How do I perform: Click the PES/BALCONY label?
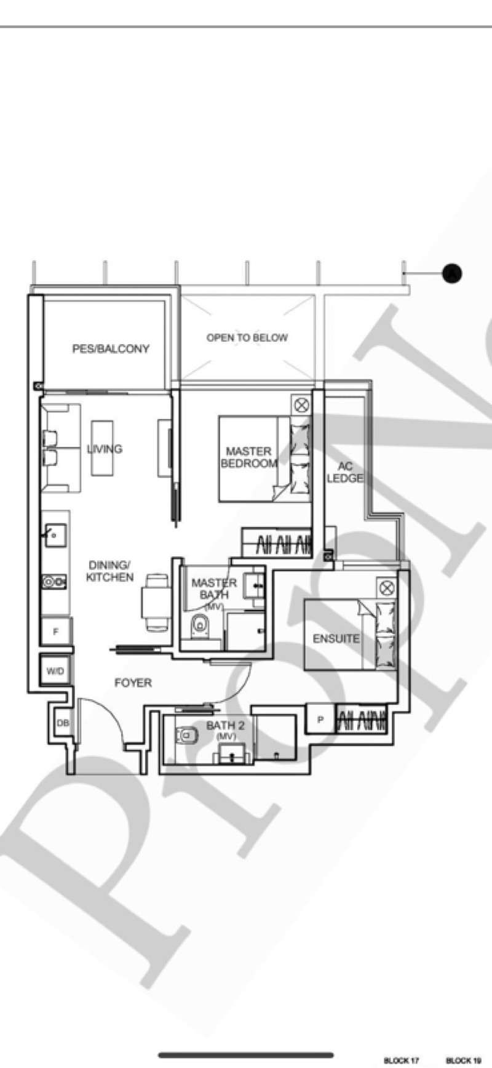click(111, 348)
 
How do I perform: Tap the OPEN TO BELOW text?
click(247, 337)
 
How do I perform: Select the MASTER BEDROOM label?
click(248, 457)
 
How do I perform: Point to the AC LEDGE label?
click(344, 472)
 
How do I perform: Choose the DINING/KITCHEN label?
click(109, 571)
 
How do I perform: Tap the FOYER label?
click(133, 683)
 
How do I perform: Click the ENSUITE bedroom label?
click(336, 639)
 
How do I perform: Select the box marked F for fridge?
click(56, 632)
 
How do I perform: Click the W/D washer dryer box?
click(55, 671)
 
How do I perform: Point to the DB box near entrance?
click(63, 723)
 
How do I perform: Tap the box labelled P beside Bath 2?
click(320, 720)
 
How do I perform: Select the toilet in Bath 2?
click(186, 734)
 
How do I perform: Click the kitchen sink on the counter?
click(55, 535)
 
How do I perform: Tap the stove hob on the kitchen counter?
click(54, 581)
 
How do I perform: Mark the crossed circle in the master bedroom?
click(301, 405)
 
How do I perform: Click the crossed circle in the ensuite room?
click(387, 588)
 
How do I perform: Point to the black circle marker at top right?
click(452, 273)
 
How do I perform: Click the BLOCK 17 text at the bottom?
click(402, 1061)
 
